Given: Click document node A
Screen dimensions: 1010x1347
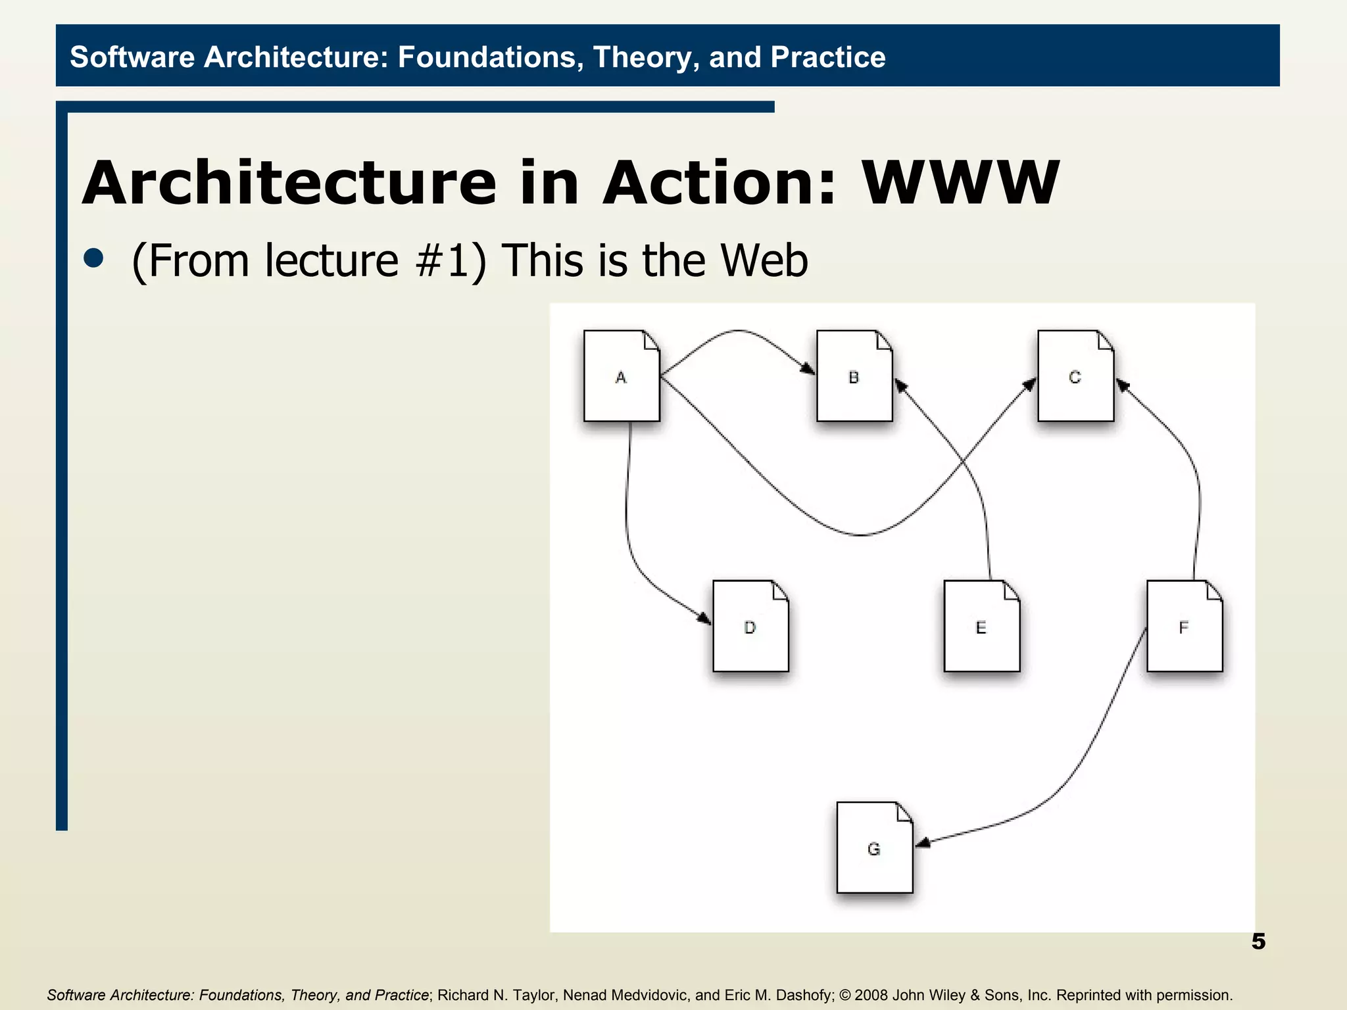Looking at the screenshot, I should [x=622, y=376].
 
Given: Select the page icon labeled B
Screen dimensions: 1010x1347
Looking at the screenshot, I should [x=854, y=376].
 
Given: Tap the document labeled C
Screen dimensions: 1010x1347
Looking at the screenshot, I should [x=1075, y=376].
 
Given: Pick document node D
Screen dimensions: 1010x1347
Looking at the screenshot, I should [x=750, y=626].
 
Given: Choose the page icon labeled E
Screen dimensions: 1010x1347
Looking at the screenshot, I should [x=981, y=626].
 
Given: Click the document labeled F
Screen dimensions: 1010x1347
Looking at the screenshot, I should [x=1184, y=626].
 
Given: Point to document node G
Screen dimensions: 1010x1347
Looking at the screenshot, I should [x=874, y=848].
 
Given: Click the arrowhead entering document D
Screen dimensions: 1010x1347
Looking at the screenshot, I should [x=704, y=619].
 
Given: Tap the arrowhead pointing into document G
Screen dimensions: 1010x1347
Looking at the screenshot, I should [x=923, y=843].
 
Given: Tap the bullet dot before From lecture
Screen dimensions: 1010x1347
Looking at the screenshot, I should [x=94, y=258].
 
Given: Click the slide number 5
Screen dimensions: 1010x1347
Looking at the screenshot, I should [x=1258, y=942].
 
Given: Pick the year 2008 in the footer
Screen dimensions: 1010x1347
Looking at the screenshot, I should [x=871, y=995].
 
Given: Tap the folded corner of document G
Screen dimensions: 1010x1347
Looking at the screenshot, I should [x=905, y=813].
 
